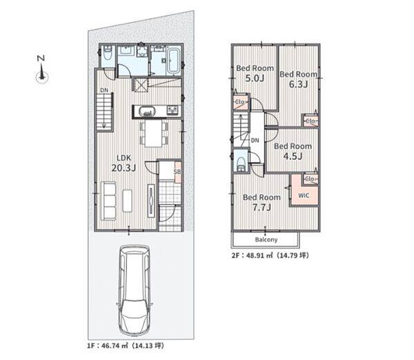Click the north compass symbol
coord(41,70)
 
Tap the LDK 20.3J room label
coord(124,163)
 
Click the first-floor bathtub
coord(173,61)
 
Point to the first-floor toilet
coord(108,53)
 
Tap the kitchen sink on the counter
coord(146,111)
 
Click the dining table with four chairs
coord(153,133)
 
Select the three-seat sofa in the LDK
coord(108,201)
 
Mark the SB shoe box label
coord(177,172)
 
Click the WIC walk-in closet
coord(304,195)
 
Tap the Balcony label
coord(266,239)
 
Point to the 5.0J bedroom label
coord(255,73)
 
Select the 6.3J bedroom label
coord(298,79)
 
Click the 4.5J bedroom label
coord(293,151)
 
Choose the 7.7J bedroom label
coord(262,202)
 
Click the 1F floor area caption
coord(126,346)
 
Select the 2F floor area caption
coord(270,255)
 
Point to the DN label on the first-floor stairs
coord(104,90)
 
